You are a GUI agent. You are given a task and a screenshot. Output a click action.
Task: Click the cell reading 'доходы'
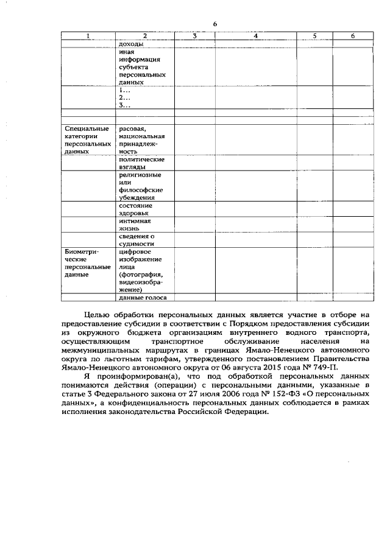point(132,44)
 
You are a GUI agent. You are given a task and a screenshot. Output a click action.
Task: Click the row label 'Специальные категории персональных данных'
point(87,140)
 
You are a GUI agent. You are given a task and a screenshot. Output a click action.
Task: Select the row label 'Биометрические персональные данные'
point(87,263)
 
